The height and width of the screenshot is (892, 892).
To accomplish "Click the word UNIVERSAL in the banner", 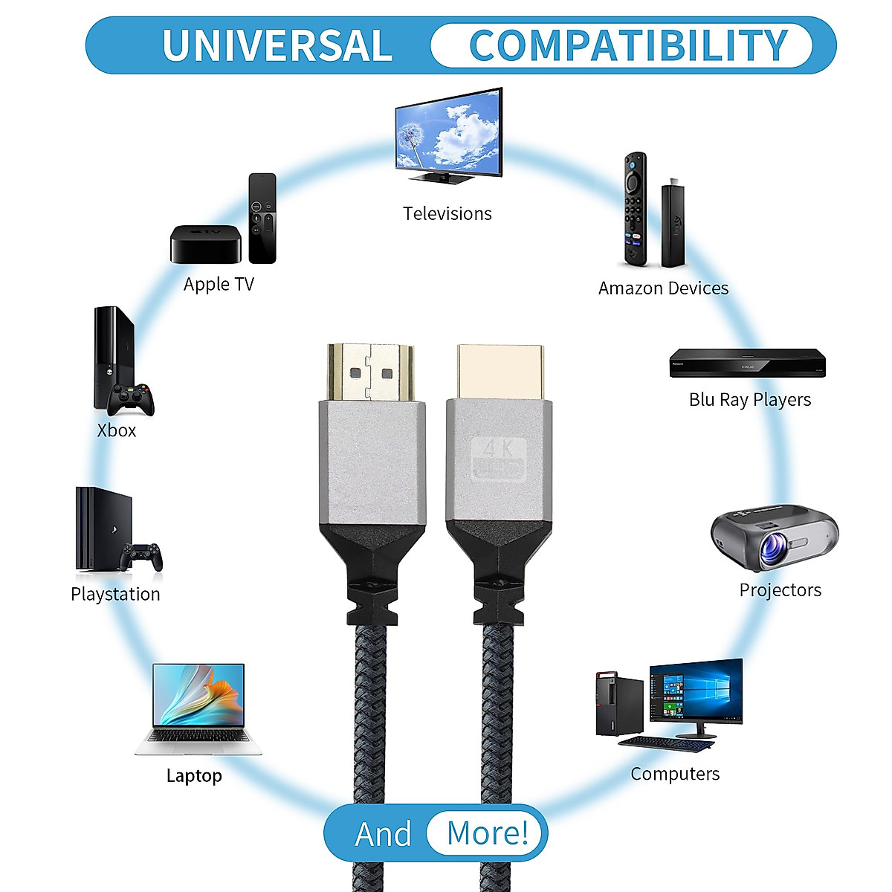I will (x=277, y=45).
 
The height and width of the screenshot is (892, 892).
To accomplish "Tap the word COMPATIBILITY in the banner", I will (x=628, y=45).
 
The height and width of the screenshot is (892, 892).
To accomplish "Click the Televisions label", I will (x=447, y=214).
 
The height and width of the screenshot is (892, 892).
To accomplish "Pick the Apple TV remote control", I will (x=262, y=218).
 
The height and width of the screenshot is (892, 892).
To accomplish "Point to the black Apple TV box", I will (x=206, y=245).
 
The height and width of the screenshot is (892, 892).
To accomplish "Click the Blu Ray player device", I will (x=747, y=363).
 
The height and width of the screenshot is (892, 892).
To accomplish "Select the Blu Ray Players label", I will (x=749, y=400).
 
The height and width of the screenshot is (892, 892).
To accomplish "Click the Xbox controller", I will (x=132, y=399).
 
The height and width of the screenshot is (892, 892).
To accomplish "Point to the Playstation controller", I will (x=142, y=556).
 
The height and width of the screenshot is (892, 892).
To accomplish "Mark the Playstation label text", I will (x=115, y=595).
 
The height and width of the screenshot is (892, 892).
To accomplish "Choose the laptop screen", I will (x=198, y=695).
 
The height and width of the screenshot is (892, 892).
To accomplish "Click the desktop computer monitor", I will (x=696, y=691).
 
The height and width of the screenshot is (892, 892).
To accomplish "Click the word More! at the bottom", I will (x=487, y=833).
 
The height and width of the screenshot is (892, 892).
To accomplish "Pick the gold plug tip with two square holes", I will (x=370, y=372).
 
